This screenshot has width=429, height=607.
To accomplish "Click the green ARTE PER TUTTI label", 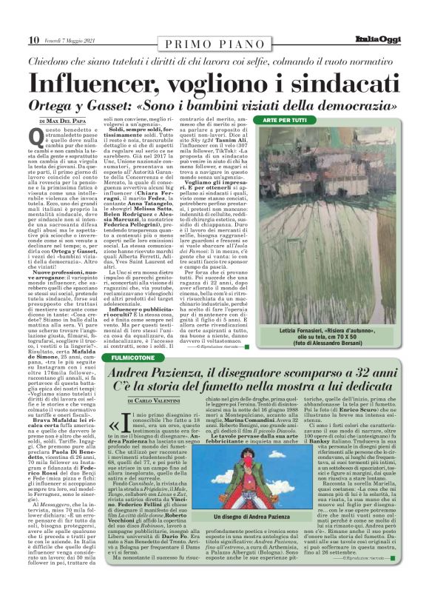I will click(x=286, y=119).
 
